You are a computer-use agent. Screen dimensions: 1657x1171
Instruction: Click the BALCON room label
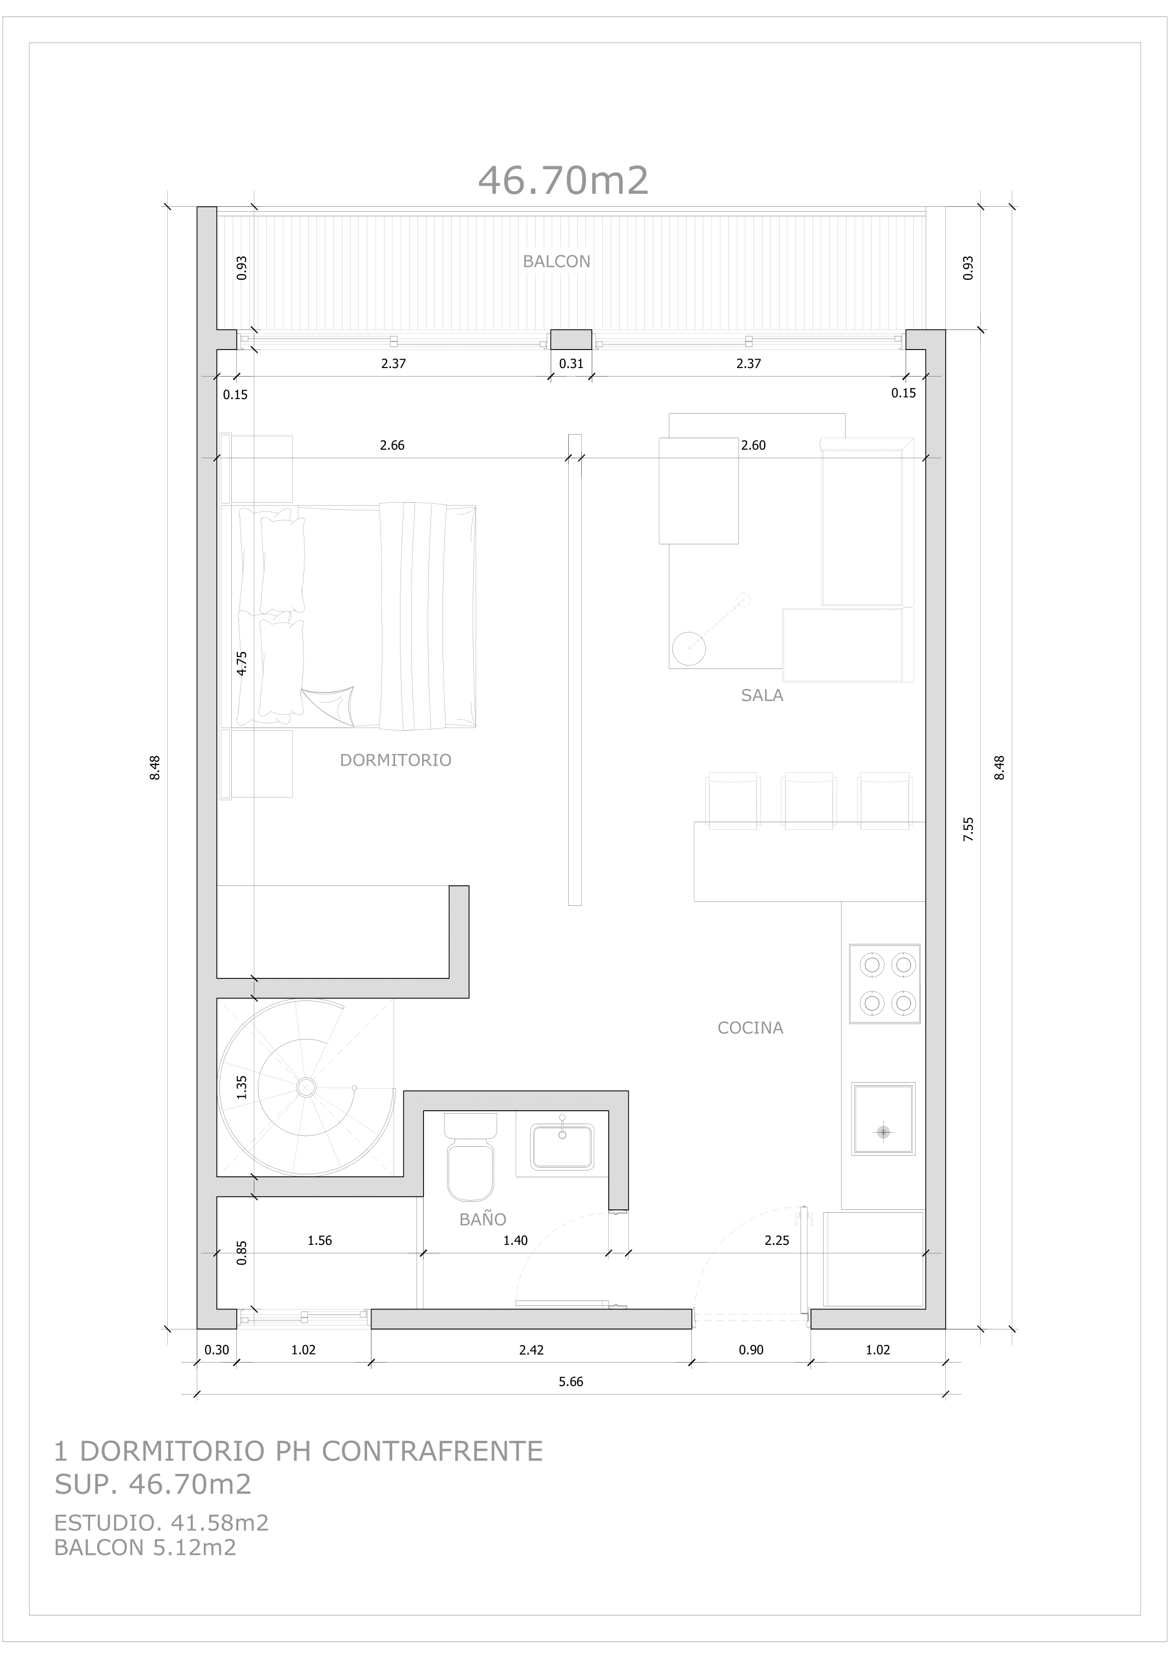[556, 262]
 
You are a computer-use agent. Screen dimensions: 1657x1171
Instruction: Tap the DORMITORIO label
[396, 760]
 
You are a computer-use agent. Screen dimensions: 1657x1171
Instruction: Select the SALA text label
[762, 696]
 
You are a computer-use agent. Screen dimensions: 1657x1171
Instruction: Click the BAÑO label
[483, 1220]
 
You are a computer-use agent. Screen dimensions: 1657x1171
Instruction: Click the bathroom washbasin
[562, 1147]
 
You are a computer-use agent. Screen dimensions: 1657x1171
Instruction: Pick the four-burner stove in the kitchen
[885, 983]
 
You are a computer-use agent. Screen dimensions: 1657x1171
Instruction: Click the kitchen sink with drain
[883, 1119]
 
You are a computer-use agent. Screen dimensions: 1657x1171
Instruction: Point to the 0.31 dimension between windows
[571, 364]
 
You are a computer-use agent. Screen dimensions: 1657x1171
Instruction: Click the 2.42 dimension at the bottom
[531, 1350]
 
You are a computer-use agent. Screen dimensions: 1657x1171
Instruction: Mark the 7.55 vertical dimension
[969, 830]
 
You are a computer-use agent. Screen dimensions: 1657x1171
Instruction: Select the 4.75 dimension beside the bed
[242, 663]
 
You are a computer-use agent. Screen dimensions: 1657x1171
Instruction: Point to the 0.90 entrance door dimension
[750, 1350]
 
